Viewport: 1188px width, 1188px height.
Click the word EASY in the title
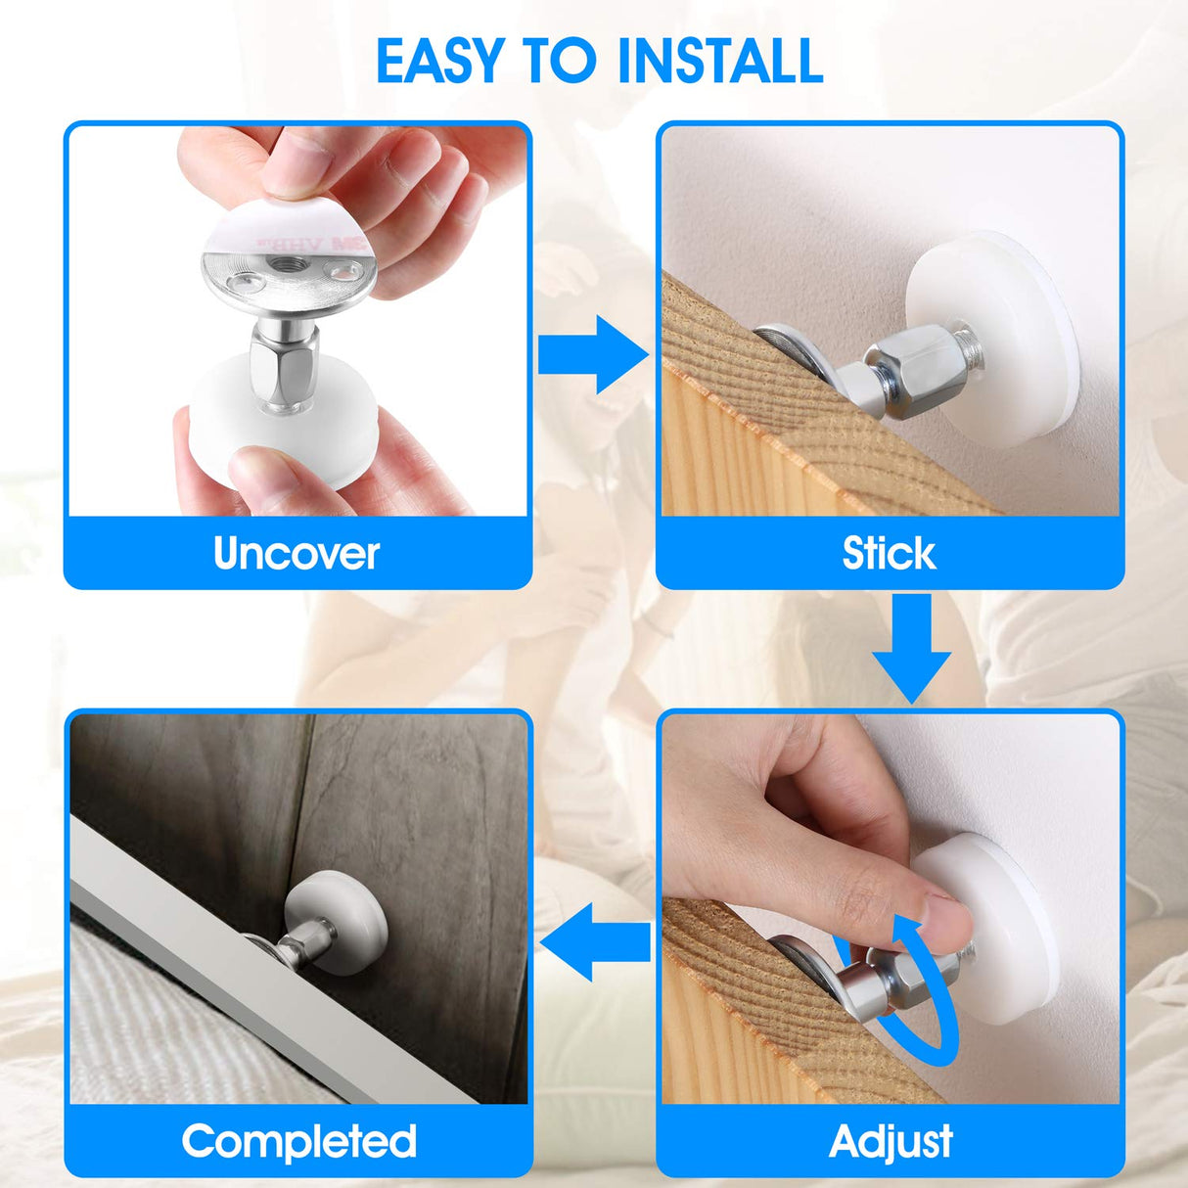coord(441,61)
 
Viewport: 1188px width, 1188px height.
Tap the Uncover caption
coord(297,554)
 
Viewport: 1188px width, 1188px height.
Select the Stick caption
coord(889,554)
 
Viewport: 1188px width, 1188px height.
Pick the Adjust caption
coord(891,1142)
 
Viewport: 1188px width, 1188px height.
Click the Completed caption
coord(299,1142)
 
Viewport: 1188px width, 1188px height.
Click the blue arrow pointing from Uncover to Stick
coord(593,353)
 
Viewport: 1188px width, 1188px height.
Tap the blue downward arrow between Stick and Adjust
coord(911,650)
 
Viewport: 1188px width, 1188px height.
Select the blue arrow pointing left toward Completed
coord(594,942)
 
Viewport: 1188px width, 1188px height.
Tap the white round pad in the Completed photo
coord(339,919)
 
